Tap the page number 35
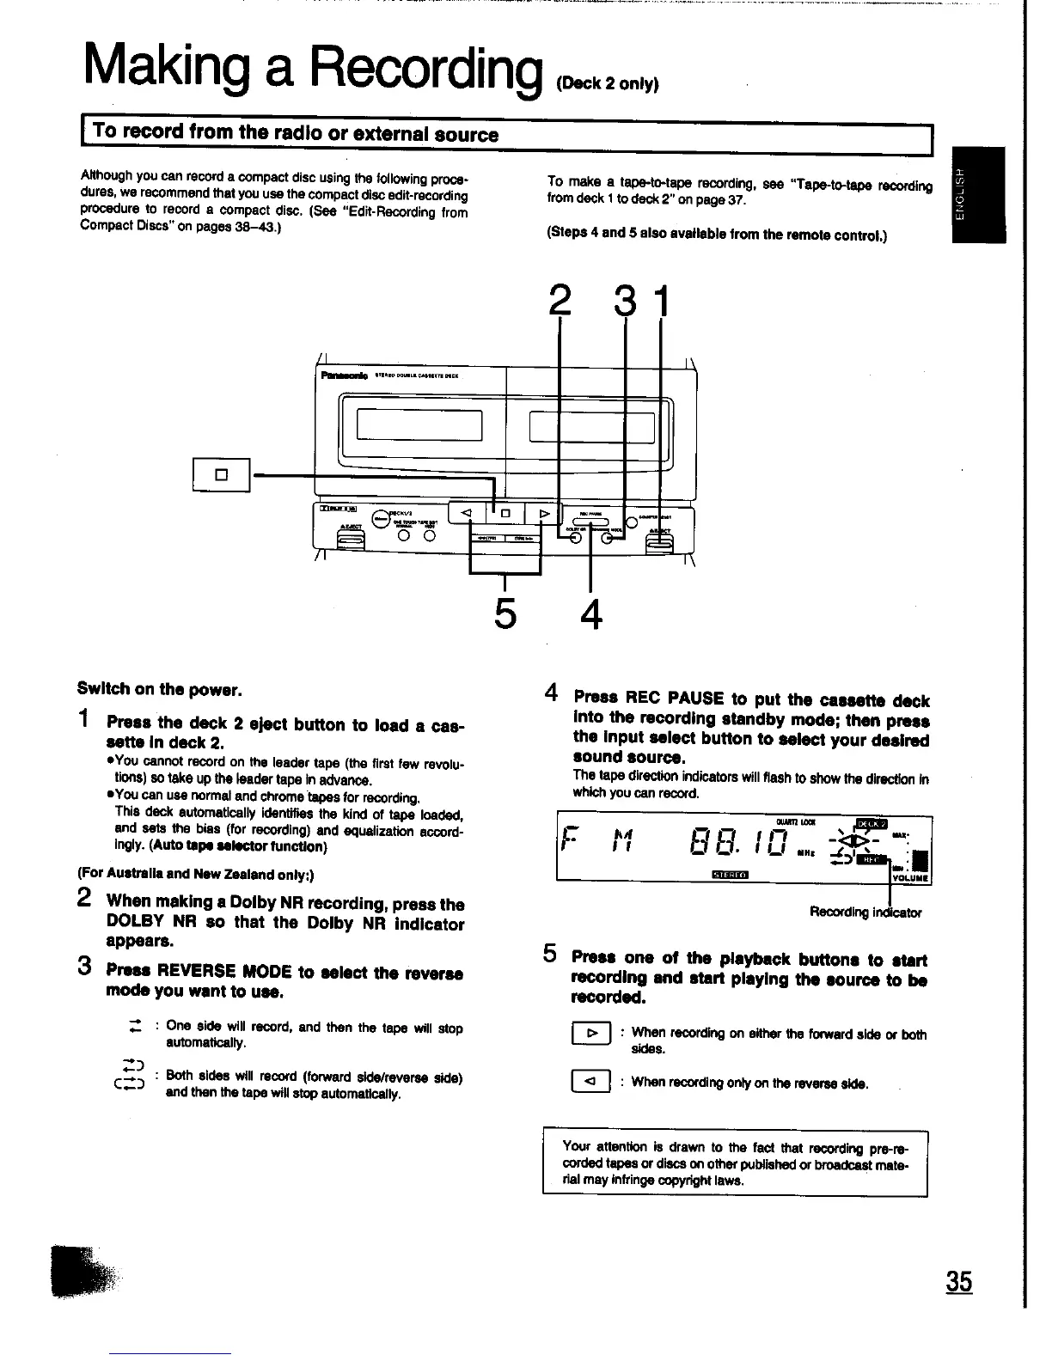pyautogui.click(x=959, y=1282)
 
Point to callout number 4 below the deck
pyautogui.click(x=590, y=613)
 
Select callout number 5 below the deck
pyautogui.click(x=505, y=613)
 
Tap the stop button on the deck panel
pyautogui.click(x=506, y=514)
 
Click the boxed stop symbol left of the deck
pyautogui.click(x=221, y=474)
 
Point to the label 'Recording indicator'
pyautogui.click(x=865, y=912)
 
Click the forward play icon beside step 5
pyautogui.click(x=590, y=1034)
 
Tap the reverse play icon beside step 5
pyautogui.click(x=590, y=1083)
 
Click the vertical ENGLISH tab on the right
pyautogui.click(x=978, y=195)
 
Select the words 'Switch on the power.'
pyautogui.click(x=160, y=690)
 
